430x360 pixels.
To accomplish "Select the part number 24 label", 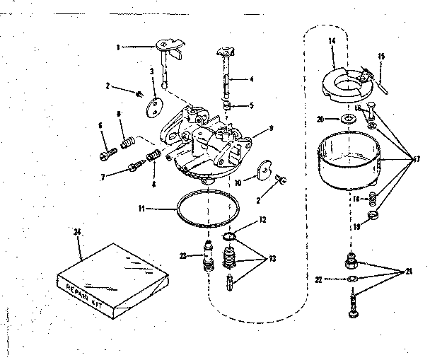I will coord(76,231).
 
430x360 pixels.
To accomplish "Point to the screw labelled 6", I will coord(107,150).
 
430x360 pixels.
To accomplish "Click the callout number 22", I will coord(318,281).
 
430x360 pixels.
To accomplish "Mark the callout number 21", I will coord(408,271).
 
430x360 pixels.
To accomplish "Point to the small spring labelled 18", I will coord(371,199).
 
